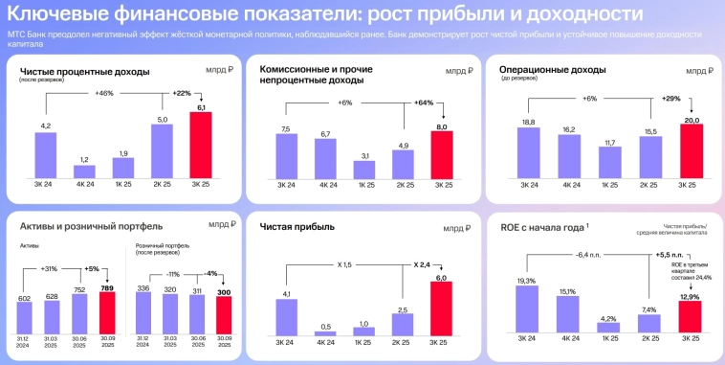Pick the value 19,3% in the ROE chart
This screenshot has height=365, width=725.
pos(526,280)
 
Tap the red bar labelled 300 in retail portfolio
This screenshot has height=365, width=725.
pos(223,313)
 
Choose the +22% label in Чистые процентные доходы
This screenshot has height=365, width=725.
pos(182,92)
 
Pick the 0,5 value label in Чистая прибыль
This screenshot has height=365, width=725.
pos(327,326)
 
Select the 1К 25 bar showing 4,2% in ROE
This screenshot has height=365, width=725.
pos(608,330)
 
